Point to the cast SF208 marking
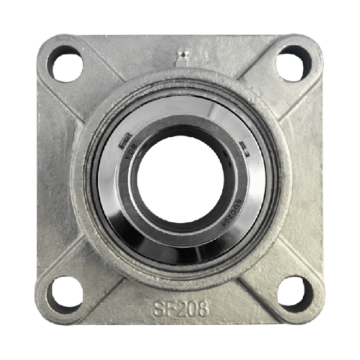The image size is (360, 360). pyautogui.click(x=180, y=310)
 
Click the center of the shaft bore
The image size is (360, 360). pyautogui.click(x=180, y=179)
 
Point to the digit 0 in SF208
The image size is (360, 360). pyautogui.click(x=192, y=310)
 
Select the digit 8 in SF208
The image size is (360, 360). pyautogui.click(x=203, y=310)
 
